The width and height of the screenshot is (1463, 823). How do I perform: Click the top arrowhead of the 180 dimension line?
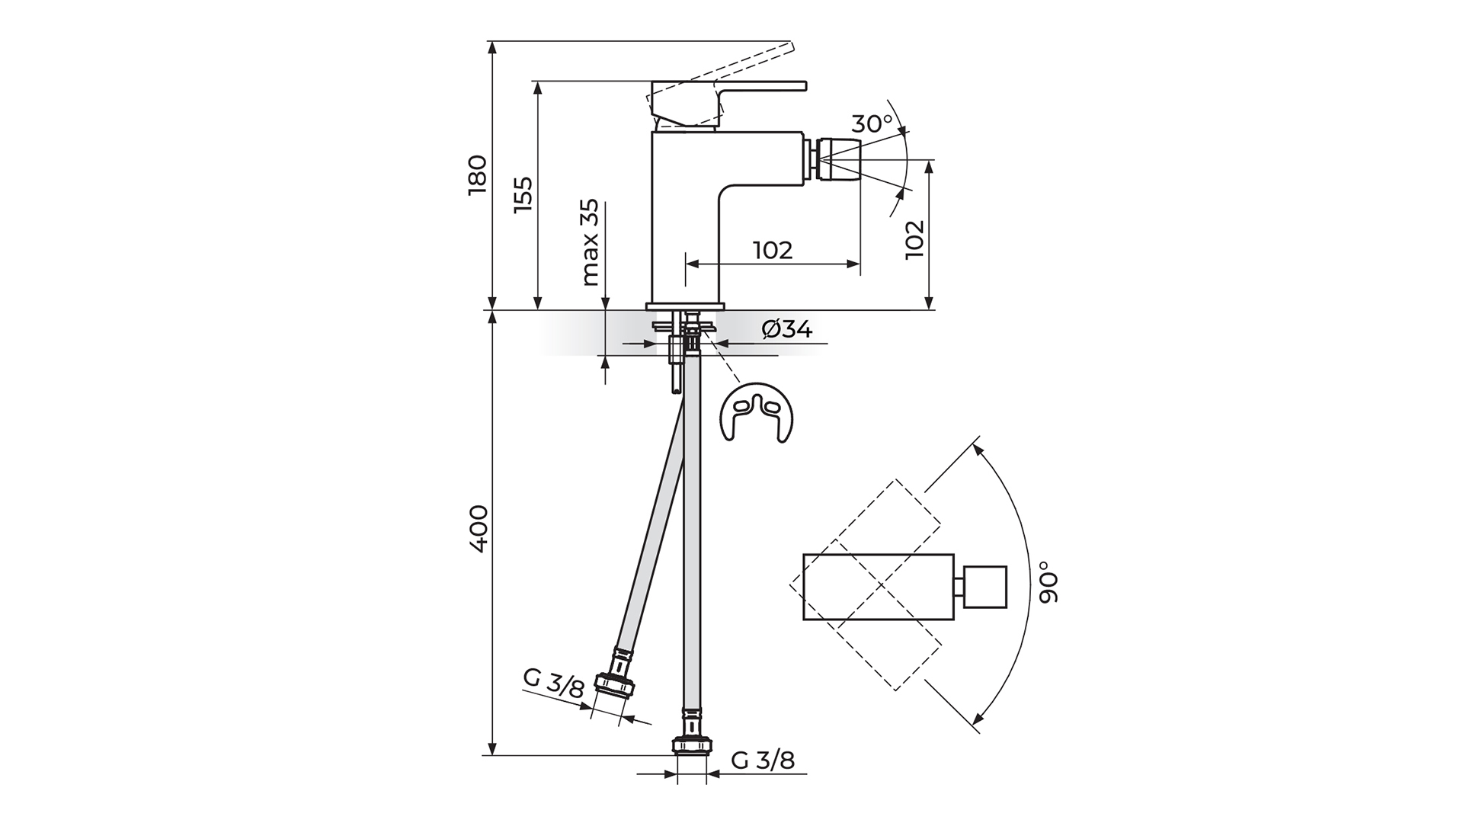coord(492,46)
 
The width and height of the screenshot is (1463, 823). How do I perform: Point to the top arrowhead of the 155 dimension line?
coord(538,88)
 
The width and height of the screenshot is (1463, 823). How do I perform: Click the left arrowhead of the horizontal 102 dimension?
coord(693,264)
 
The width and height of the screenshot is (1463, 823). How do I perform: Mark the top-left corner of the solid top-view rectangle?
coord(804,555)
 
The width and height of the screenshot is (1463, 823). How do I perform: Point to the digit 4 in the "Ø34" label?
coord(804,329)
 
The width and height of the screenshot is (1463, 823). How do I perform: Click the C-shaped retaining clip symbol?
coord(756,411)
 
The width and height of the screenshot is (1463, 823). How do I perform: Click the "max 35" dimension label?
coord(590,243)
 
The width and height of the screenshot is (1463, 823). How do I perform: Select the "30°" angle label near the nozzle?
coord(872,123)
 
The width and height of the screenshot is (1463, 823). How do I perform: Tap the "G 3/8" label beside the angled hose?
coord(554,684)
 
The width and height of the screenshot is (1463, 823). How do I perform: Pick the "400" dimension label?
coord(478,528)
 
